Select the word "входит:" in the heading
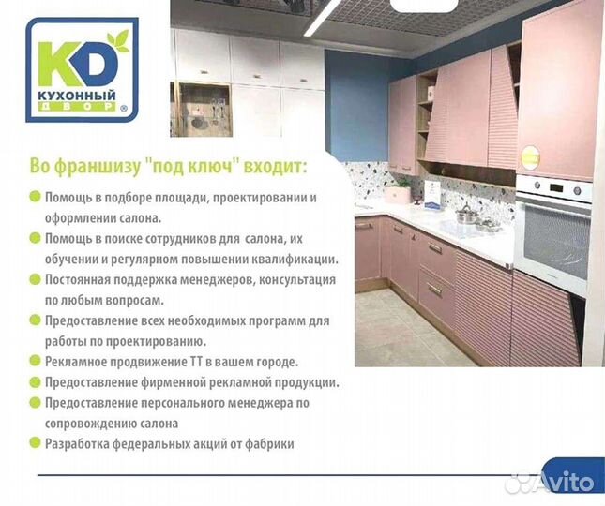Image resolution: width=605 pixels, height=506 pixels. click(280, 167)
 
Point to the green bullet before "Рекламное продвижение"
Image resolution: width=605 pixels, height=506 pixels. click(36, 361)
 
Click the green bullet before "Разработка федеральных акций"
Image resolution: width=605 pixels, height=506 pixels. click(36, 443)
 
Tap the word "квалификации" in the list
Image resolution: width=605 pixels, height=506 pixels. click(286, 259)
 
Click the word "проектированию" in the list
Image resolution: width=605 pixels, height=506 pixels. click(156, 341)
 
